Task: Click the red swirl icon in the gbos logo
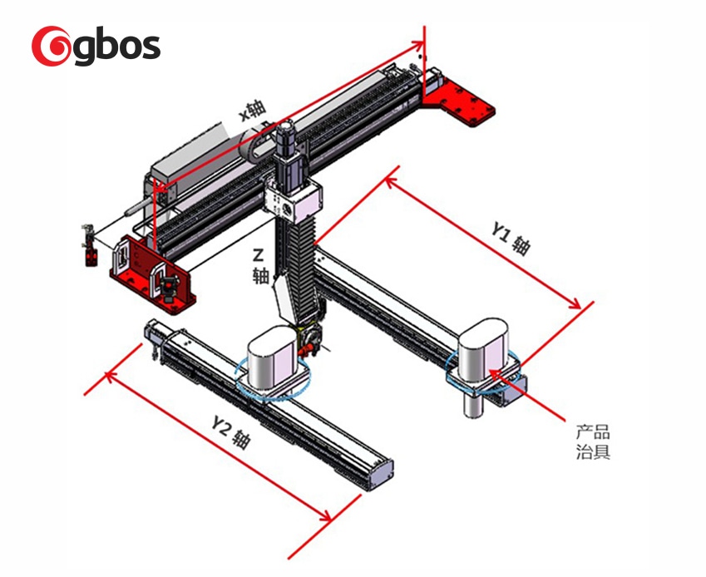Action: (51, 46)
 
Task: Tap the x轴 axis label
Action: (252, 110)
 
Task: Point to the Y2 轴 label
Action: (230, 432)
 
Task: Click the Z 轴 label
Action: (259, 266)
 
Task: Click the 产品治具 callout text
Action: (593, 441)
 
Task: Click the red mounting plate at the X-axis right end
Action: (459, 101)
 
